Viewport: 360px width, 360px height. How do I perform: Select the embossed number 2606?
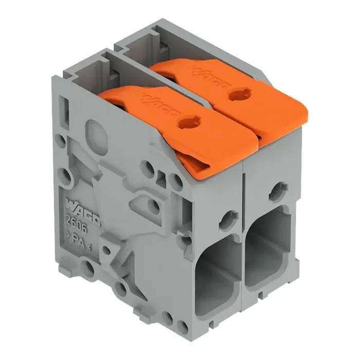[x=76, y=225]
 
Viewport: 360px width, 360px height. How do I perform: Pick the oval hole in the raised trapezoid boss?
[x=154, y=207]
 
